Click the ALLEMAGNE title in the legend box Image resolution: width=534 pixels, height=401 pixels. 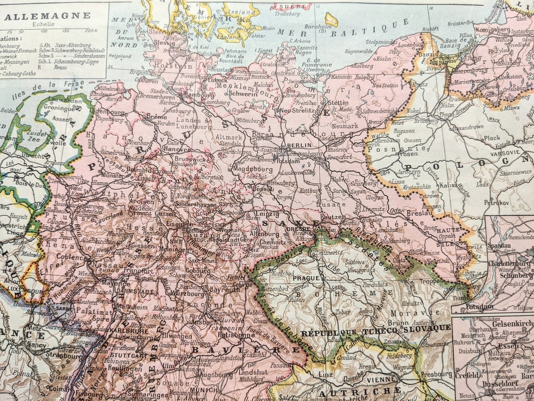click(x=47, y=15)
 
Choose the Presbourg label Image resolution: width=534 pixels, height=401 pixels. click(x=437, y=374)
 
